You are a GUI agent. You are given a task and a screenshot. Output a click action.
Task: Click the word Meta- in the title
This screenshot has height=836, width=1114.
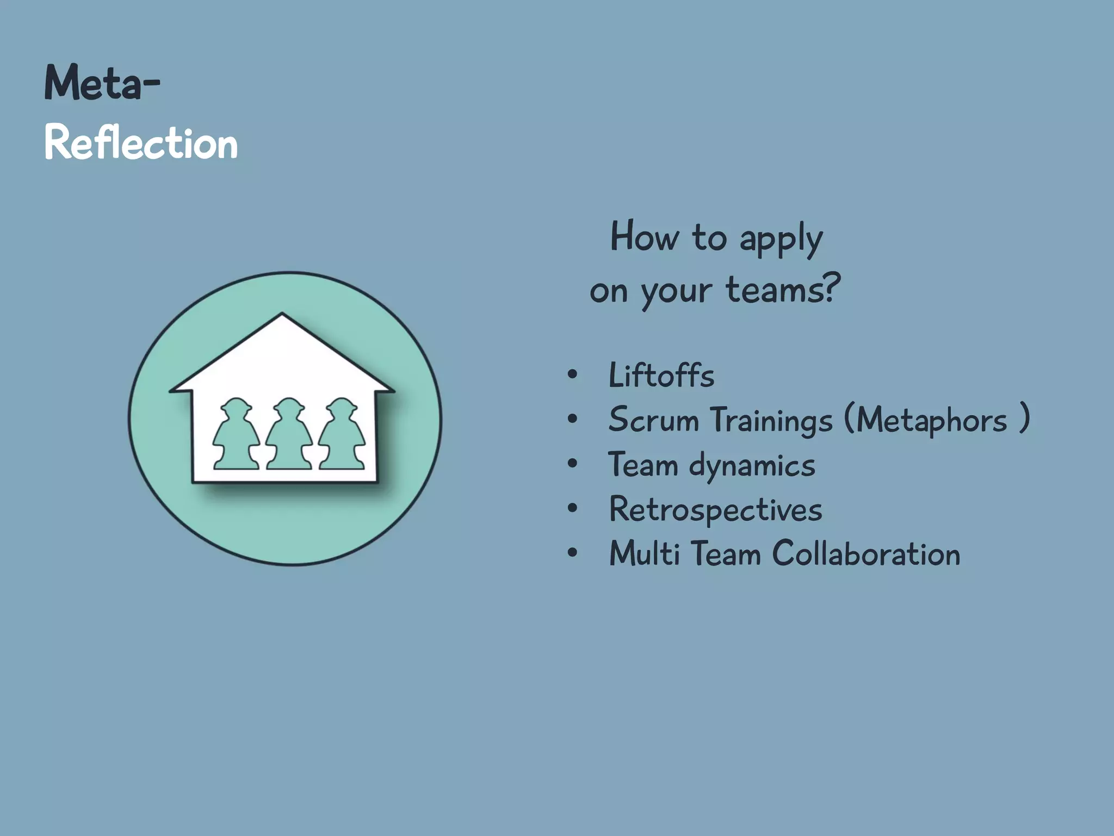click(102, 83)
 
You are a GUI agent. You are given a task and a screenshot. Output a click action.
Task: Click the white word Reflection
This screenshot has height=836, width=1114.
click(141, 143)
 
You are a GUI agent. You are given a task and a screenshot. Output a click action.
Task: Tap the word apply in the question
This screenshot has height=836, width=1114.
click(781, 239)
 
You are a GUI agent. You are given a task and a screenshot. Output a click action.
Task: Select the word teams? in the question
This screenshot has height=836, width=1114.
click(783, 290)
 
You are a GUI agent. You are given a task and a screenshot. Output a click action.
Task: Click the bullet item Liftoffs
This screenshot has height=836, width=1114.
click(661, 376)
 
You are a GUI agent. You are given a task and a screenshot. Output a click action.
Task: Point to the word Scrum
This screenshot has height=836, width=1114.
click(653, 420)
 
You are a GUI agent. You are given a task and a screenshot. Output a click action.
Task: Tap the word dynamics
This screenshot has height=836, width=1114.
click(752, 466)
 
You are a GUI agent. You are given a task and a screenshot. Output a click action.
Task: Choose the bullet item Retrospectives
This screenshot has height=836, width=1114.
click(715, 511)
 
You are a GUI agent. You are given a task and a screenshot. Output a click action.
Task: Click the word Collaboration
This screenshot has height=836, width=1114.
click(866, 554)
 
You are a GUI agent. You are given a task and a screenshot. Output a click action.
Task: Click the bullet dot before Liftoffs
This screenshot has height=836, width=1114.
click(572, 375)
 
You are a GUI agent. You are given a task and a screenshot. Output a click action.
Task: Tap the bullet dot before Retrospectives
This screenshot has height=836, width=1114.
click(572, 509)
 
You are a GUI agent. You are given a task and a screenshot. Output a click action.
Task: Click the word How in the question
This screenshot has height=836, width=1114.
click(645, 237)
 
